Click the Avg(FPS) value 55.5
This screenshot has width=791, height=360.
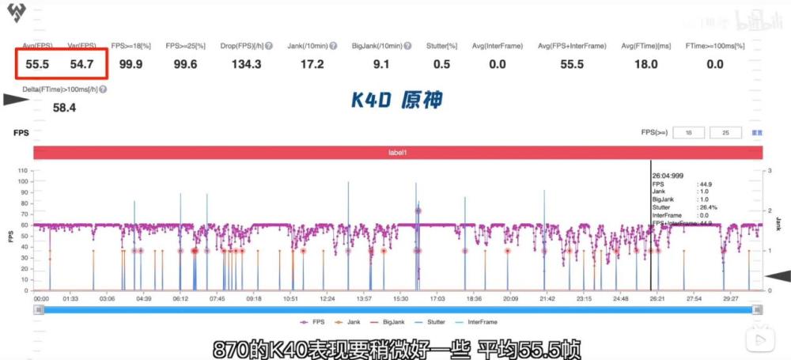pos(36,64)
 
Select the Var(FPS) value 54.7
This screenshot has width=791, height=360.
pos(81,64)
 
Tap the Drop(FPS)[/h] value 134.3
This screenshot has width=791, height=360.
pos(246,64)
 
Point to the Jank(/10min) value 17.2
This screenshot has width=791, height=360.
pos(312,64)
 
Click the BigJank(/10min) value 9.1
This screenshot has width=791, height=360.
pos(380,64)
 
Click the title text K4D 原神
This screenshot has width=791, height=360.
pos(396,100)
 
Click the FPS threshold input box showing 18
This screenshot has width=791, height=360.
pos(688,133)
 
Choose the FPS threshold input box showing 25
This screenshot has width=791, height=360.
pos(725,133)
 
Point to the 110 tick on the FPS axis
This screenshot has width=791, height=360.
pos(22,171)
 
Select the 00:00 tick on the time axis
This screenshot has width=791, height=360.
pos(41,299)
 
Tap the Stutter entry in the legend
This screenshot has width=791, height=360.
pos(433,322)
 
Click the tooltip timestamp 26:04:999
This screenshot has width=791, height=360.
pos(668,175)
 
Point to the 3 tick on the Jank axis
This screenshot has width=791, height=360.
pos(768,171)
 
